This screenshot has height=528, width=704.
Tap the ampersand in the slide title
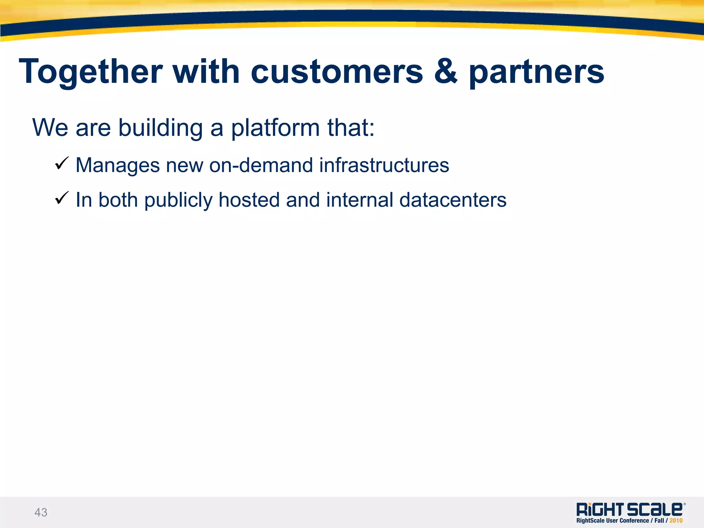coord(446,72)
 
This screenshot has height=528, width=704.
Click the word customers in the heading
coord(337,72)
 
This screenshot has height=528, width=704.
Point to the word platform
coord(275,128)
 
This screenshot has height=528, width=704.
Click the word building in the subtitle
coord(161,128)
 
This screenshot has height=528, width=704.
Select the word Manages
coord(118,165)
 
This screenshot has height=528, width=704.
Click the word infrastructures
coord(384,165)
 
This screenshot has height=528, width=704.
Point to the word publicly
coord(178,201)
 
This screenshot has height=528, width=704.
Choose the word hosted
coord(249,200)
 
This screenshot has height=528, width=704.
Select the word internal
coord(360,200)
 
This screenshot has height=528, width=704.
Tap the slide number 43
coord(41,512)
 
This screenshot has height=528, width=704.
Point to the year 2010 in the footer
coord(676,521)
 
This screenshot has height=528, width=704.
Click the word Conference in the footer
coord(634,521)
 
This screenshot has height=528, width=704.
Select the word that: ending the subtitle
coord(351,128)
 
